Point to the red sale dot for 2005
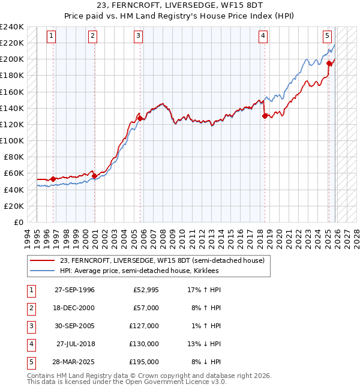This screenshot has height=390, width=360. (140, 118)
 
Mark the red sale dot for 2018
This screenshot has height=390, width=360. (265, 116)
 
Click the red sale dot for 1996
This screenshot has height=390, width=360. (53, 179)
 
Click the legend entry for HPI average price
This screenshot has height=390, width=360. (139, 271)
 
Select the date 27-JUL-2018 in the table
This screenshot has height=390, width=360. (75, 344)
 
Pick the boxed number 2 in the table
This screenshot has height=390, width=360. (30, 308)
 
